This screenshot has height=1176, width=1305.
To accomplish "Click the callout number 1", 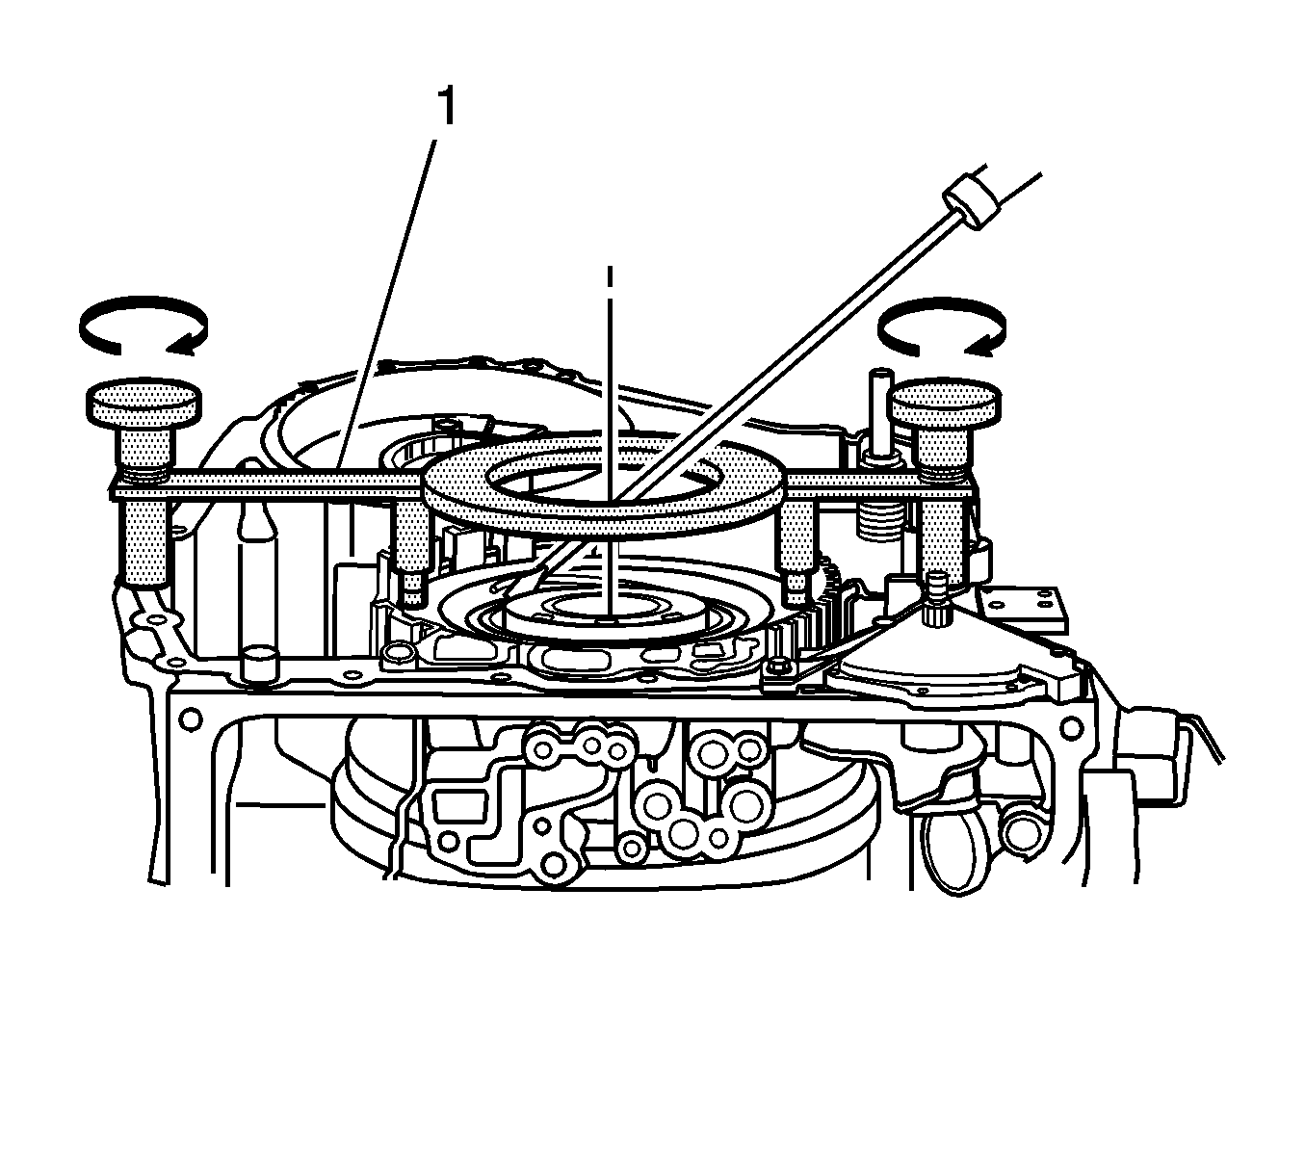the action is coord(448,107).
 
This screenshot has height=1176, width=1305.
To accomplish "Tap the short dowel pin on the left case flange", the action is coord(258,664).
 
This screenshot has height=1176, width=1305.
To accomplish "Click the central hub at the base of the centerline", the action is coord(605,613).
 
